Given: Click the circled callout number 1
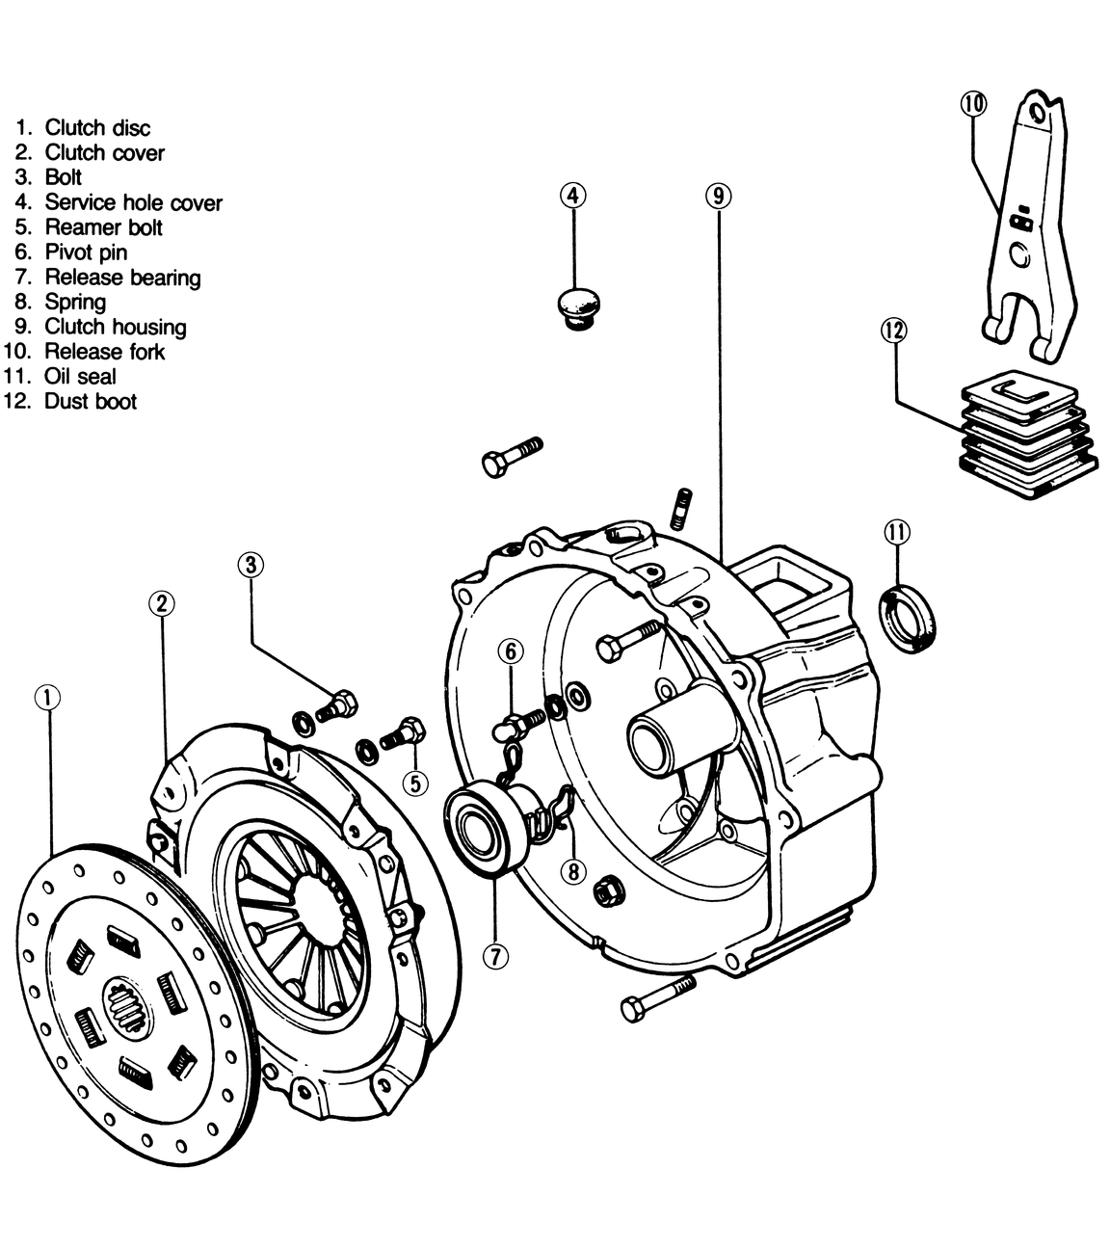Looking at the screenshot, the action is [x=48, y=698].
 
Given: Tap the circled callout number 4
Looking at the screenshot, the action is [x=573, y=196].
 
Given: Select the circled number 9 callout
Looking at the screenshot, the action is [x=718, y=196].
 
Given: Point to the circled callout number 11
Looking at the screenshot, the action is [x=897, y=532].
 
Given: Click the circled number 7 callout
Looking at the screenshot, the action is [x=496, y=957].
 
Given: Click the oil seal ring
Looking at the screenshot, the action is [x=908, y=620].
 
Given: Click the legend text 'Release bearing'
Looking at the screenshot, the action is [x=122, y=278].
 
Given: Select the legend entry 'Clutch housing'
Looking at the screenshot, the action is [x=116, y=327].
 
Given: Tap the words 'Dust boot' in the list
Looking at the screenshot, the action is [x=91, y=402].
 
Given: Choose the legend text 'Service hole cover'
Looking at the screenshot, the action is [x=134, y=202].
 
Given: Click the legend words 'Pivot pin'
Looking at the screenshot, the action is [x=87, y=252].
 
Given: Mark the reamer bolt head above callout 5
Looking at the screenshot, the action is [x=411, y=730].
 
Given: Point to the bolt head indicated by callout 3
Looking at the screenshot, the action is [x=345, y=703].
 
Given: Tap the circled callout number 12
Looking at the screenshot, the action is [x=894, y=331].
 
